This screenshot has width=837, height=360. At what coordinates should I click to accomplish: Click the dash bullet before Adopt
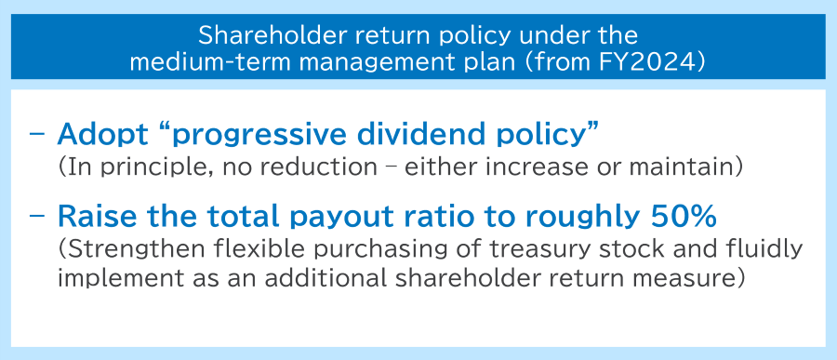click(37, 135)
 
